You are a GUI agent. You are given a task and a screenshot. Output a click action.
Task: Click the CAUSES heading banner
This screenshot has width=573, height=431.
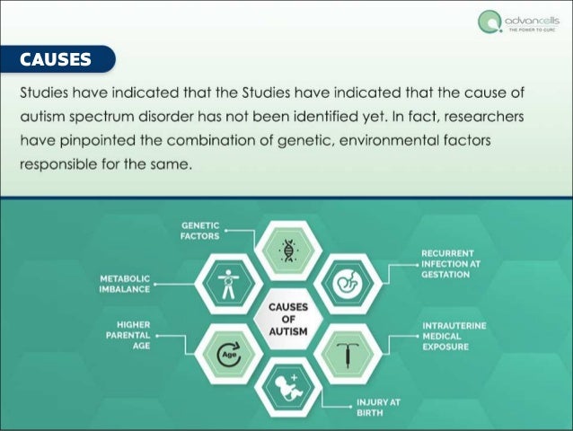click(x=57, y=60)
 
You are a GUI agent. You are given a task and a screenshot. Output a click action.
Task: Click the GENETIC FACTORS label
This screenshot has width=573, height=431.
click(x=201, y=230)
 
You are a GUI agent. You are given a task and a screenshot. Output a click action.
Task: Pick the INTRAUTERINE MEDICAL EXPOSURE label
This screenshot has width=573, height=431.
click(x=454, y=336)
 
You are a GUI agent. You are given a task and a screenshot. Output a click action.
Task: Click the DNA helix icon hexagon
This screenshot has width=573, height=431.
click(x=288, y=249)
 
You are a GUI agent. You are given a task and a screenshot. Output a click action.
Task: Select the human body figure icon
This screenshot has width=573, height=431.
click(x=228, y=284)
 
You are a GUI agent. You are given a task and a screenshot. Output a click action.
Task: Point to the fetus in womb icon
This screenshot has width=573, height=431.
click(x=348, y=285)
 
